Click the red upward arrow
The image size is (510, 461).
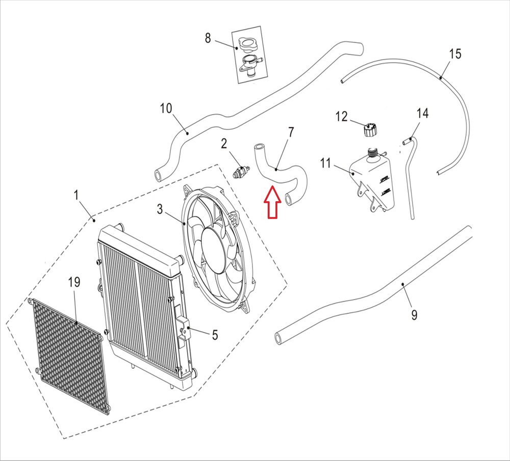coord(271,203)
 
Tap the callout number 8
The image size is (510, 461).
coord(208,38)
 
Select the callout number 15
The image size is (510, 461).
coord(455,54)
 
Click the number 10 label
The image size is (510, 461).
coord(166,109)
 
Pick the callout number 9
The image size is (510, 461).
coord(414,315)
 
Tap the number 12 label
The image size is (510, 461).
coord(341,117)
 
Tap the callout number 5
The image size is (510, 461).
coord(215,335)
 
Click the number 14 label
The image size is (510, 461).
coord(422,113)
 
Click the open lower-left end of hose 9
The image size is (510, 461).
coord(279,338)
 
